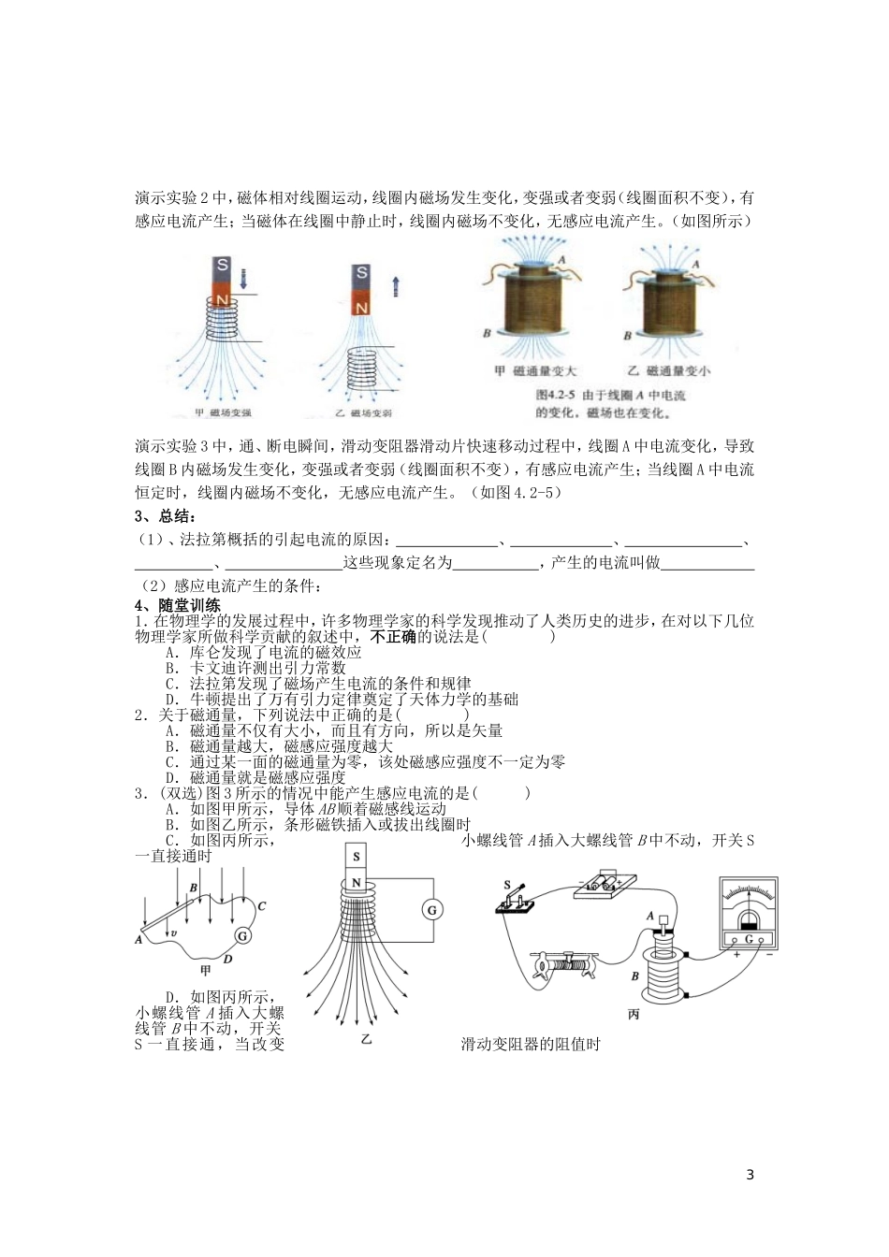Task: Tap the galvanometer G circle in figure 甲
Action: [242, 935]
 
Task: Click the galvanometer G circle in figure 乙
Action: [431, 909]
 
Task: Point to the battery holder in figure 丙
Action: [606, 883]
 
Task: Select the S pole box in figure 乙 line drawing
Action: [356, 857]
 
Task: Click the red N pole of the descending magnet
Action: [223, 298]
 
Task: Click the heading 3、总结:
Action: [167, 517]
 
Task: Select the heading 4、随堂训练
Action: [177, 605]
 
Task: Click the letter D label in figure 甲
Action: [226, 959]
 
